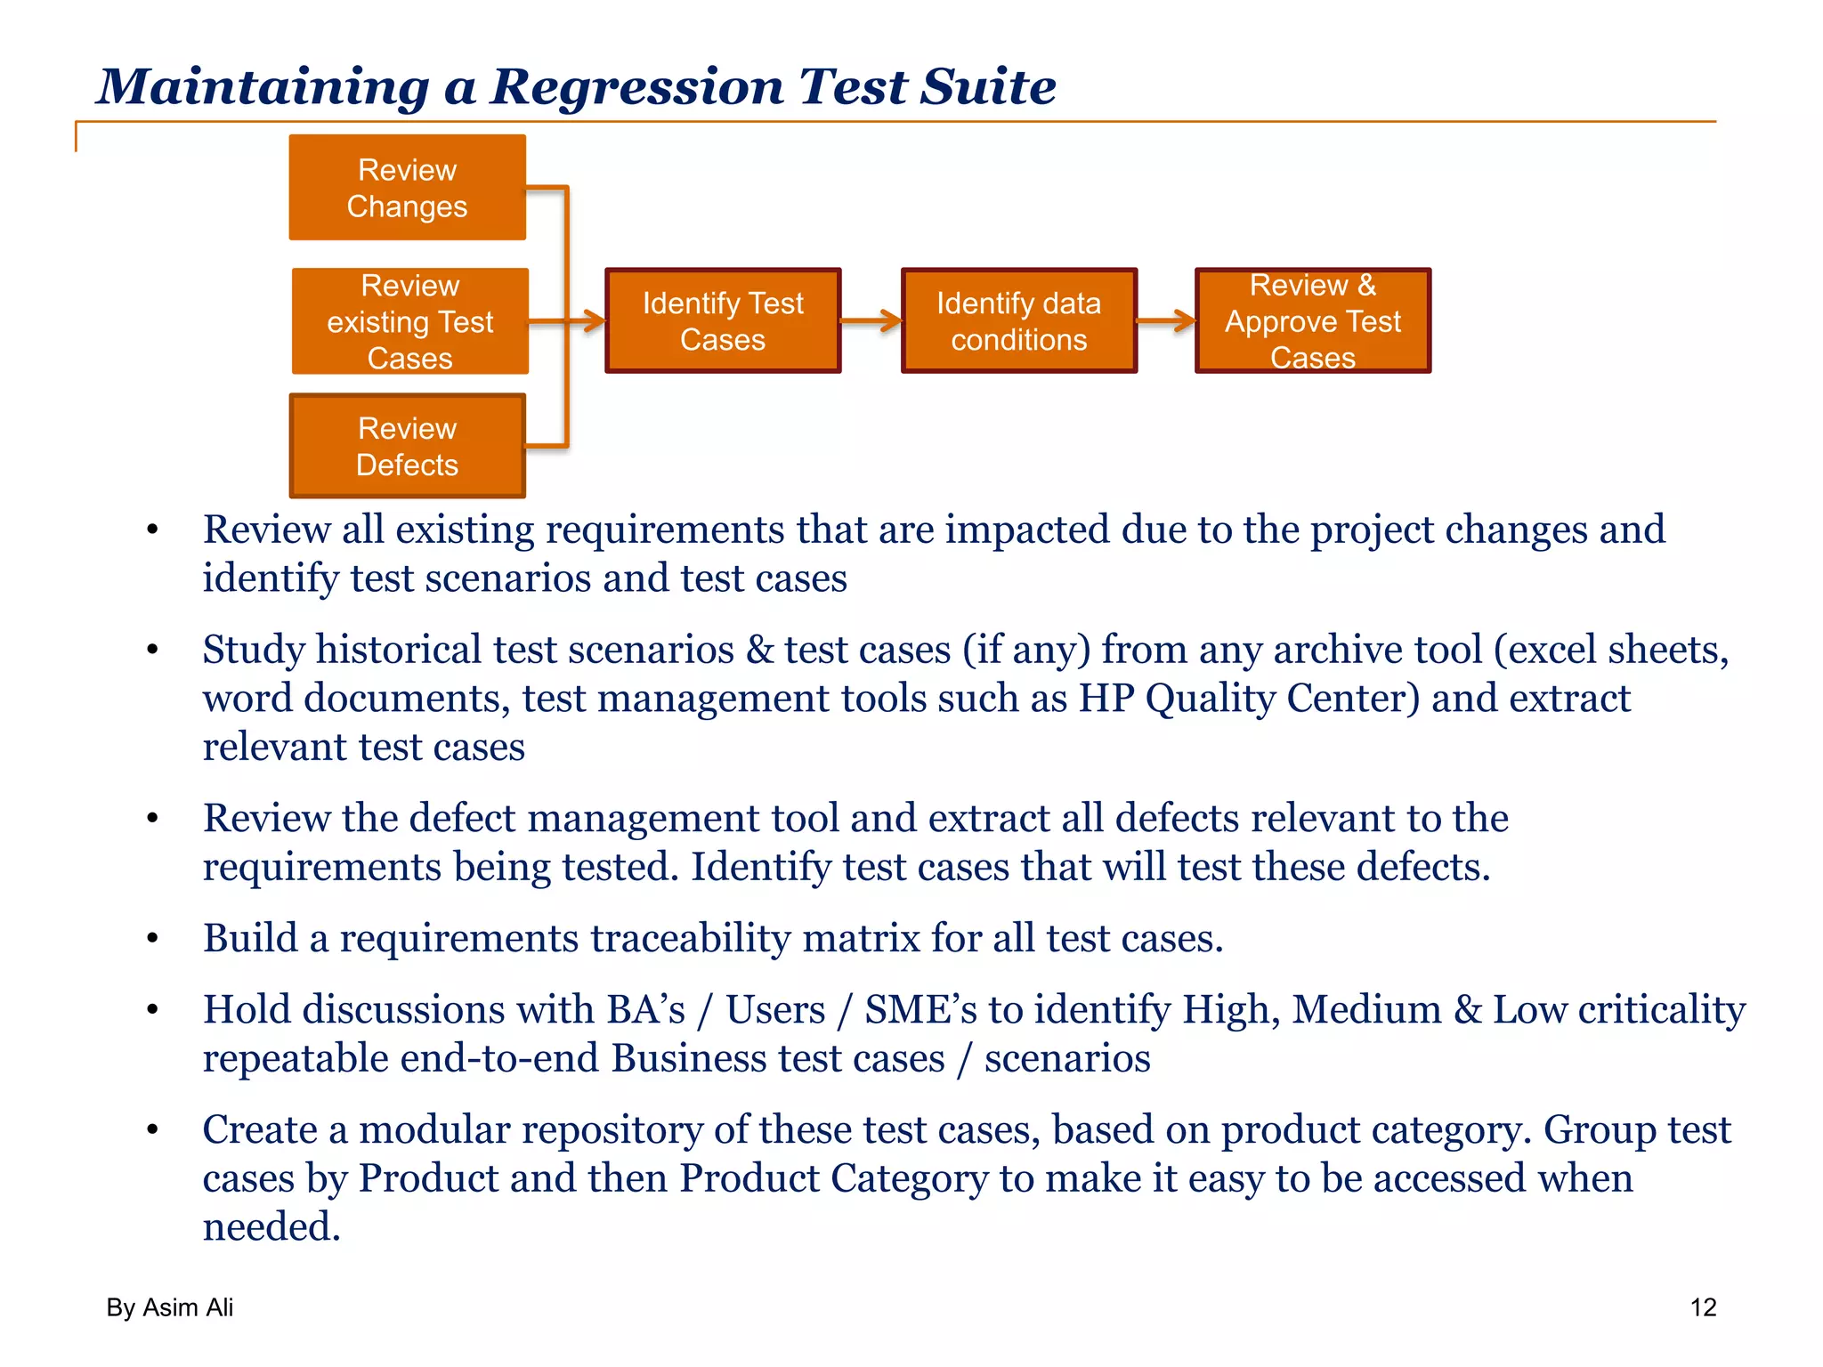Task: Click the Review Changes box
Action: [407, 188]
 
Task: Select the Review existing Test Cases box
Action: [409, 321]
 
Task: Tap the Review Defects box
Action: [407, 446]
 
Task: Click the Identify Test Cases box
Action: [723, 321]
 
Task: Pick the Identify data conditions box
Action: [1018, 321]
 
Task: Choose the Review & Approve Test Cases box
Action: [1312, 321]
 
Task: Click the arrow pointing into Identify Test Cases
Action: [583, 320]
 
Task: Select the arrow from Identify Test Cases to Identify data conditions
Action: [871, 320]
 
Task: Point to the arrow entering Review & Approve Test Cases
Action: [1166, 320]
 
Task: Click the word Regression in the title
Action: [636, 87]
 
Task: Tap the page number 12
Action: [1703, 1307]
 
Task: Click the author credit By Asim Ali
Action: [170, 1307]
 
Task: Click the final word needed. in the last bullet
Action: [271, 1227]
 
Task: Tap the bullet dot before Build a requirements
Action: [153, 939]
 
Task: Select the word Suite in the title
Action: [988, 87]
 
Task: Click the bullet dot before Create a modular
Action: [153, 1130]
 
